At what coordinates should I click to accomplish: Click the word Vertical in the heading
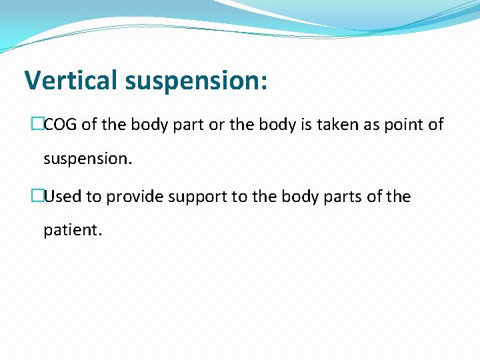click(x=71, y=80)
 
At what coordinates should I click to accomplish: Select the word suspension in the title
click(x=191, y=81)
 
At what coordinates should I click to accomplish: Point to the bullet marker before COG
click(x=37, y=125)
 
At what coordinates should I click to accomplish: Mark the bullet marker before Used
click(x=37, y=197)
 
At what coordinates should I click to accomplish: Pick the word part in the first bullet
click(x=190, y=125)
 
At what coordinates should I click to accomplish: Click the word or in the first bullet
click(x=217, y=125)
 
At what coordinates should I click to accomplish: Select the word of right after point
click(x=437, y=125)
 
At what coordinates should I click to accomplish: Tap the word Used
click(x=60, y=197)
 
